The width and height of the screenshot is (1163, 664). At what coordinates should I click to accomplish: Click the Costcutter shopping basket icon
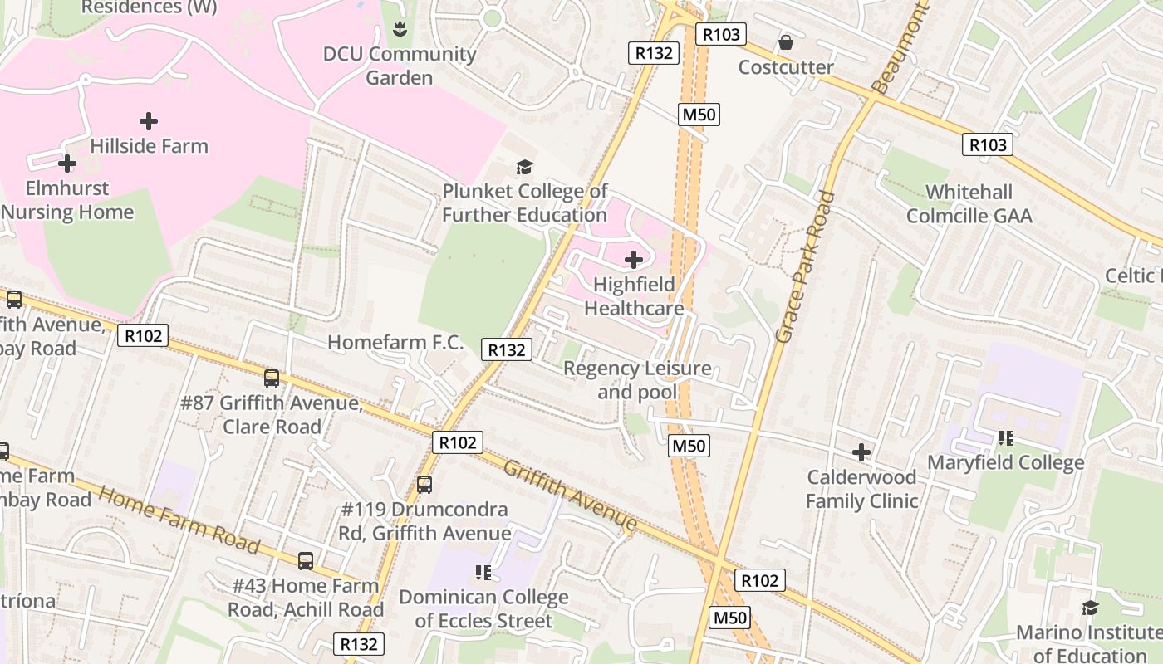click(785, 41)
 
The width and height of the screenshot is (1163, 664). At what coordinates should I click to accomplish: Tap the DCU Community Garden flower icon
click(400, 30)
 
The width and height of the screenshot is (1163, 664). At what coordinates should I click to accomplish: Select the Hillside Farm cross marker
click(149, 121)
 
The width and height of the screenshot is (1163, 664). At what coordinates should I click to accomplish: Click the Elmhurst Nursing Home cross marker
click(67, 164)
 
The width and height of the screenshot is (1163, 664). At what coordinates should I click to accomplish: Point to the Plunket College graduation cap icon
click(524, 167)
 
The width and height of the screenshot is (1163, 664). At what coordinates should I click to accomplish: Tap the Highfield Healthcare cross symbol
click(633, 260)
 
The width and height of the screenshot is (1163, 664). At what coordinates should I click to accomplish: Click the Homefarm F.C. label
click(395, 342)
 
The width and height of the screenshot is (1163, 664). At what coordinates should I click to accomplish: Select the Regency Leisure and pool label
click(637, 379)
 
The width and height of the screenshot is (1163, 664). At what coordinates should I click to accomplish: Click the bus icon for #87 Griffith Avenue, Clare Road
click(272, 378)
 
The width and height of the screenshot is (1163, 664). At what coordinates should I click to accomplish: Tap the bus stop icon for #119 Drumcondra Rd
click(424, 484)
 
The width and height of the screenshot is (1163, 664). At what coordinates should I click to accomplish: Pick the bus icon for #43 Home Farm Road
click(306, 561)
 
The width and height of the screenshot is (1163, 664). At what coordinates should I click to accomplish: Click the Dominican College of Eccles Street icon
click(483, 572)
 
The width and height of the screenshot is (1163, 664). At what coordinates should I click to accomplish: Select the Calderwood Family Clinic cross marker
click(861, 452)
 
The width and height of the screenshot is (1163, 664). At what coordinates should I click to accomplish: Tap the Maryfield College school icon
click(1006, 437)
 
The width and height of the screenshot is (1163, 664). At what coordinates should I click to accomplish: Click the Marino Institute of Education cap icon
click(1090, 608)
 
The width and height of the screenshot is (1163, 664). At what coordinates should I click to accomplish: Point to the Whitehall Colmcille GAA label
click(969, 204)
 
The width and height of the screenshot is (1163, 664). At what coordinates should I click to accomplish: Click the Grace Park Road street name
click(804, 266)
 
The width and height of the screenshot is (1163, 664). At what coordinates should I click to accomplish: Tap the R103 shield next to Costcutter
click(720, 34)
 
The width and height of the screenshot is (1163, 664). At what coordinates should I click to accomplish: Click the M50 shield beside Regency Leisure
click(689, 446)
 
